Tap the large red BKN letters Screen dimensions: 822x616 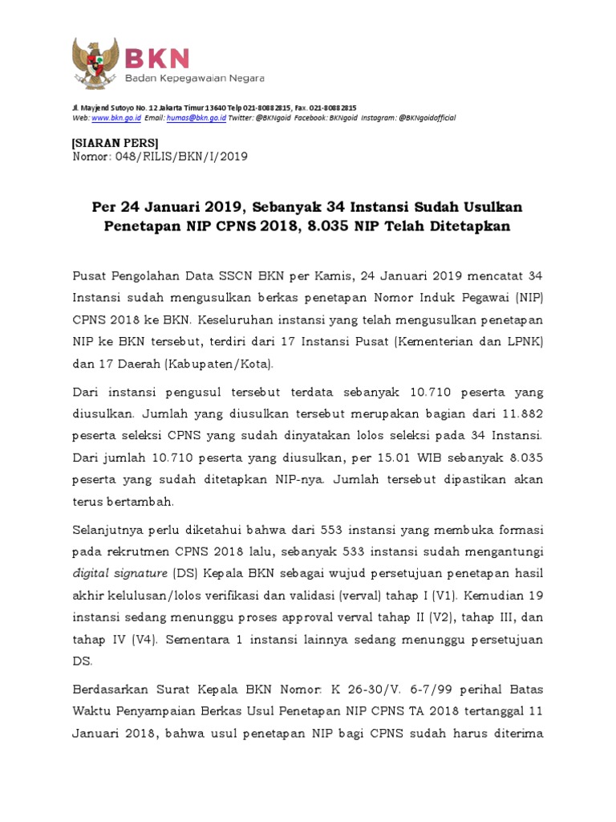pos(156,58)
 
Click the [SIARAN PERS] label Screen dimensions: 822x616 pos(115,142)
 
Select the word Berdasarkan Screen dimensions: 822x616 pos(111,690)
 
